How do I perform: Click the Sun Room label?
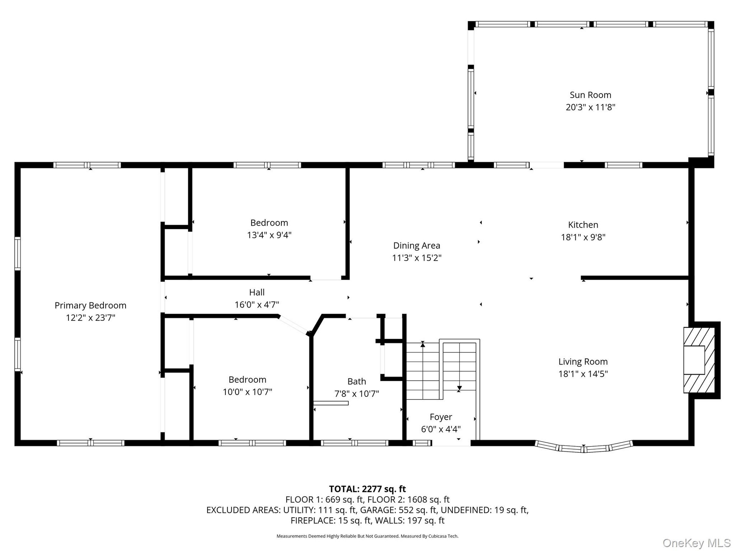(590, 95)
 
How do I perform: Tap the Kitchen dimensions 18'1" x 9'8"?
(583, 237)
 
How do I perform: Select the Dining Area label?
(416, 246)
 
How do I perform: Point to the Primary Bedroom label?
(90, 305)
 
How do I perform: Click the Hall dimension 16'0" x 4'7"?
(257, 305)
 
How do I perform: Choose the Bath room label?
(357, 381)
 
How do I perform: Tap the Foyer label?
(441, 417)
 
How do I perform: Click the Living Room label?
(583, 362)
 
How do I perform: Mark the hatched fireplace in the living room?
(699, 360)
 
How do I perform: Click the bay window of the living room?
(584, 447)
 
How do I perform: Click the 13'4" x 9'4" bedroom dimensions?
(269, 235)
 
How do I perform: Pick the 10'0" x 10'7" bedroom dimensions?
(247, 392)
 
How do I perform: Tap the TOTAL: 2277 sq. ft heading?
(367, 489)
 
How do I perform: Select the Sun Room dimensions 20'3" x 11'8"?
(590, 107)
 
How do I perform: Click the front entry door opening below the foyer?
(451, 443)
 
